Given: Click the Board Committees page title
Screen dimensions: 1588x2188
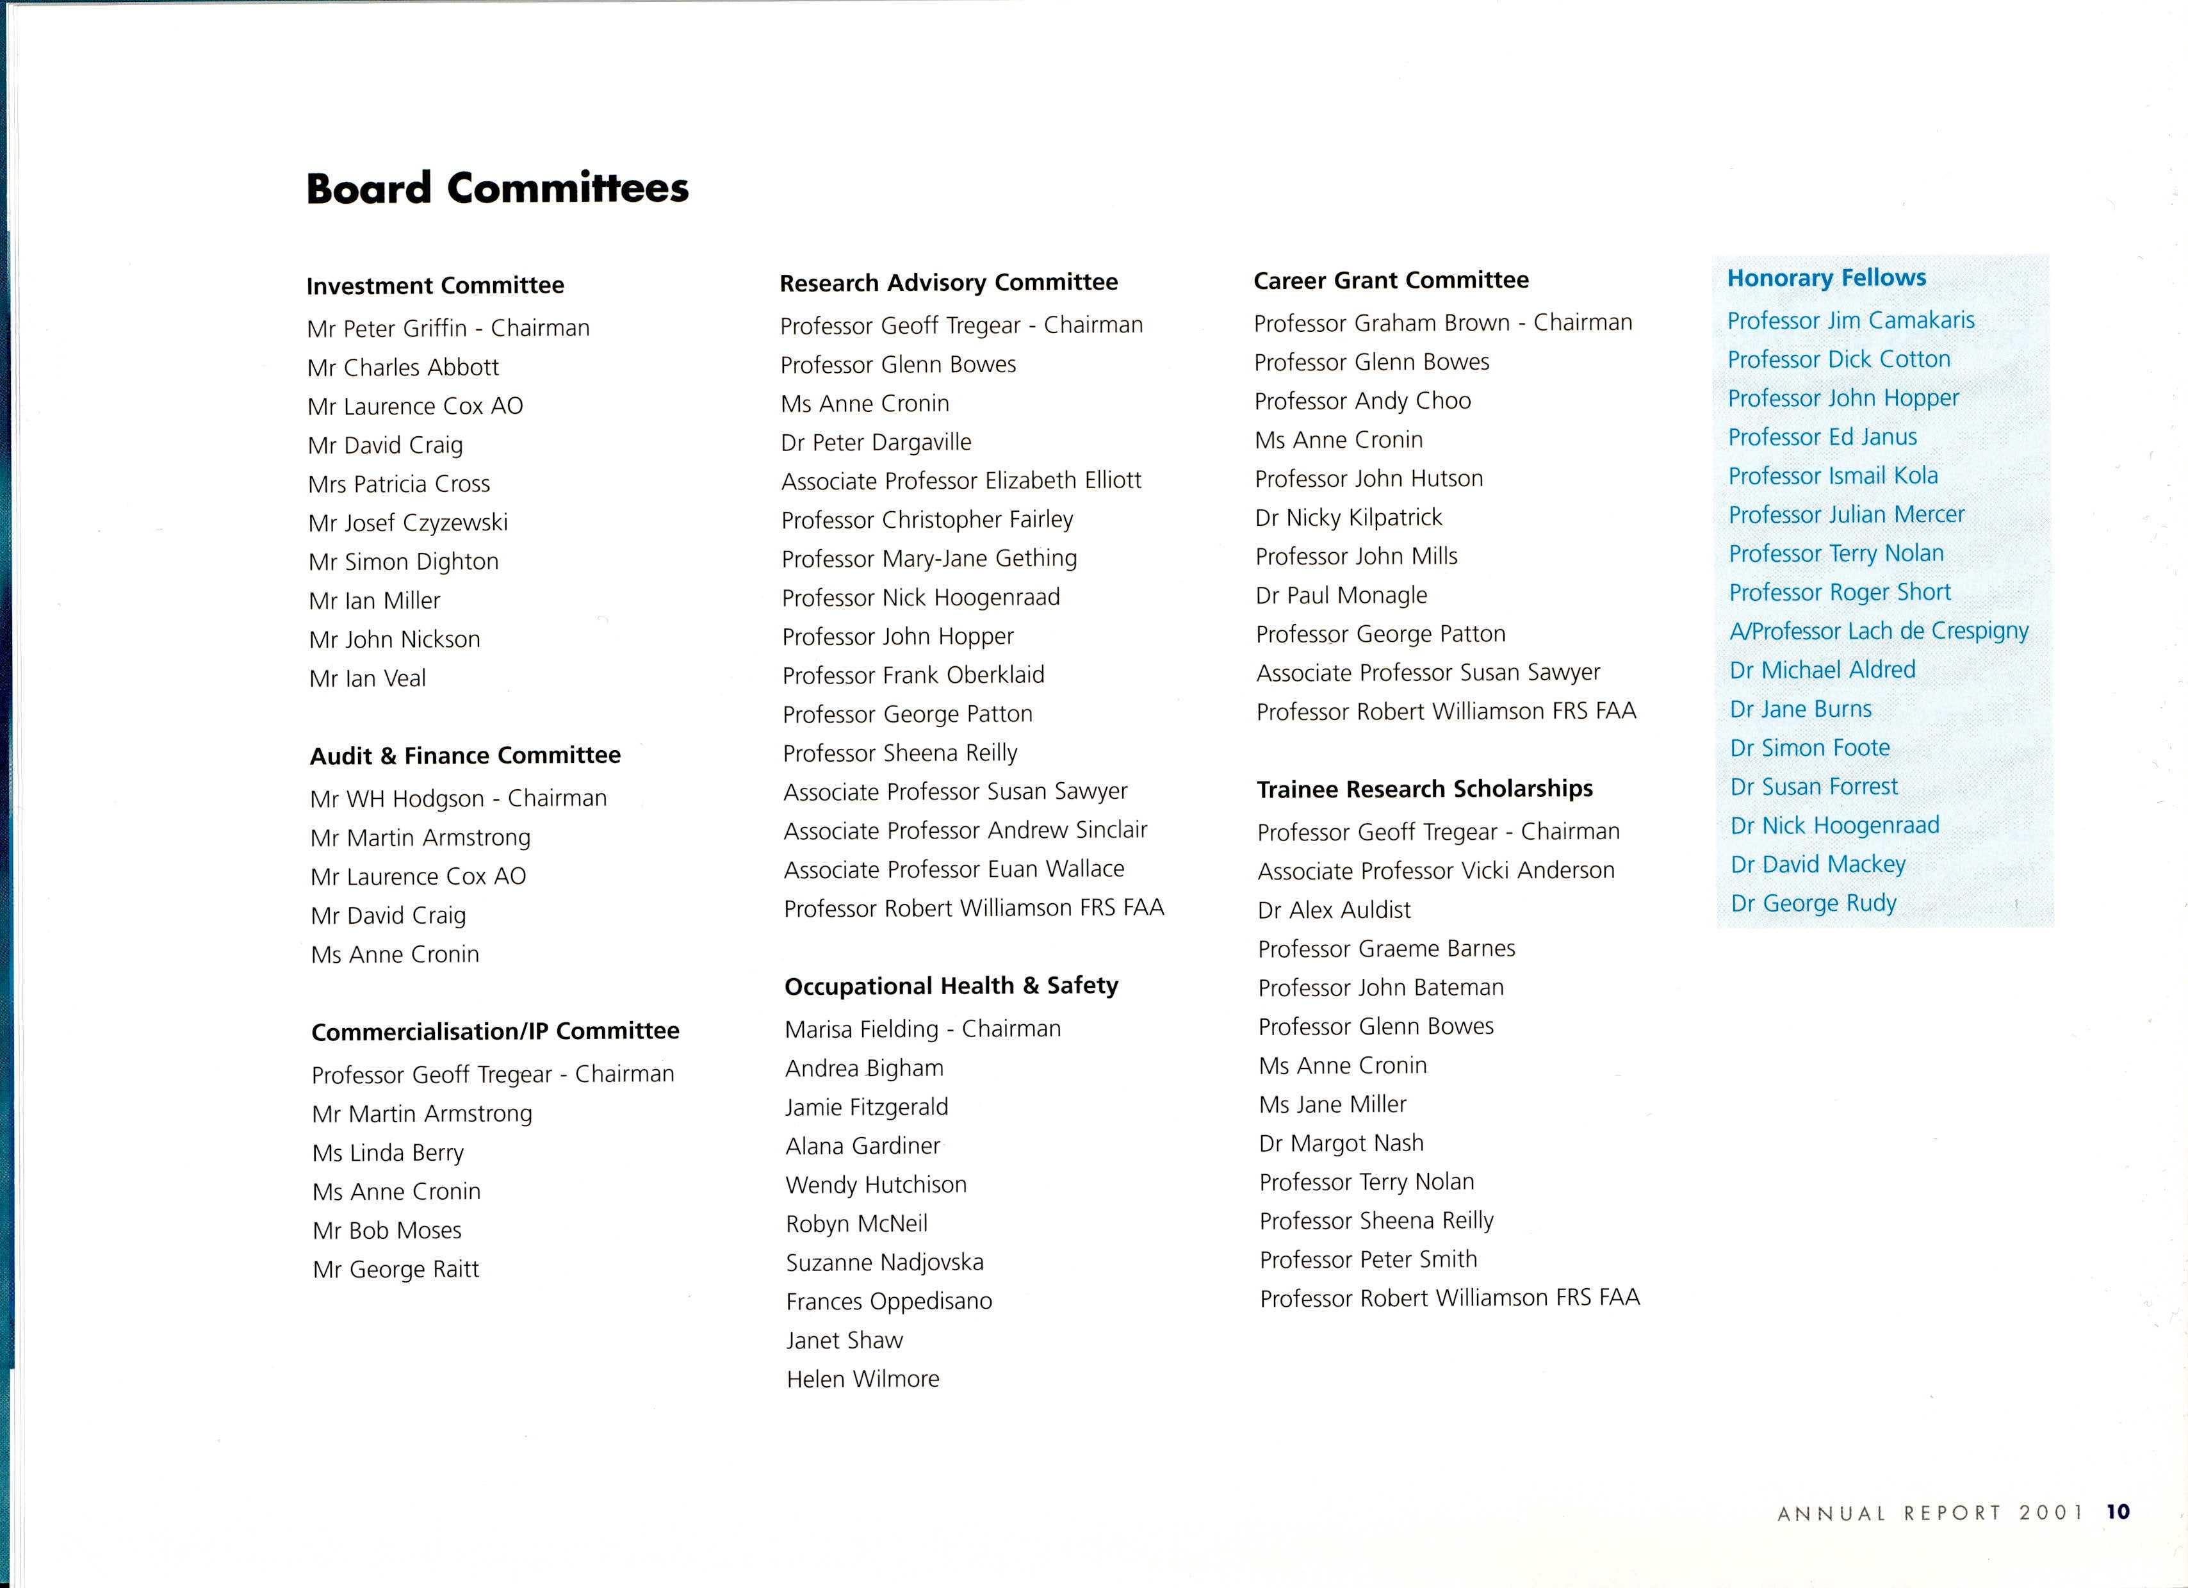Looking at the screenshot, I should click(497, 188).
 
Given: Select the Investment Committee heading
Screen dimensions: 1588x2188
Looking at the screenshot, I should click(435, 286).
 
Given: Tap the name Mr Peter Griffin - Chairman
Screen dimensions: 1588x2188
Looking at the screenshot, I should click(448, 328).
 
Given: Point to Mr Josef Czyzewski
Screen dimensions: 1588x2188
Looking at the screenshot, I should click(407, 523).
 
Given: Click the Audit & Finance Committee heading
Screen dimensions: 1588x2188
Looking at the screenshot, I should click(465, 755).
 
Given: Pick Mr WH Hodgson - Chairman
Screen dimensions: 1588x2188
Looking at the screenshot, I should click(458, 799).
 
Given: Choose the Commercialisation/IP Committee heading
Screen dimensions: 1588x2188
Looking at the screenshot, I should click(495, 1031).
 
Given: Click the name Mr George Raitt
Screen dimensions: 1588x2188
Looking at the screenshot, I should click(396, 1270).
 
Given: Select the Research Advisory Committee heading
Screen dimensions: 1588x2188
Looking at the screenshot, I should click(949, 282).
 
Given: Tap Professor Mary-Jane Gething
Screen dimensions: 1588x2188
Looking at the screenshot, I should click(929, 559).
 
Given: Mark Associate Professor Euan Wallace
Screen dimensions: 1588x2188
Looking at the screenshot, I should click(954, 869).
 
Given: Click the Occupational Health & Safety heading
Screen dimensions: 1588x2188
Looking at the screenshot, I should click(951, 986).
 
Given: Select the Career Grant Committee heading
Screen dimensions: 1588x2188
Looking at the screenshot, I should click(1391, 281).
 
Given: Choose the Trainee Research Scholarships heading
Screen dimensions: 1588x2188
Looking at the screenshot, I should click(1425, 789).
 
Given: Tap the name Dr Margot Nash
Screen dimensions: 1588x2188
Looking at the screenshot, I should click(1341, 1143).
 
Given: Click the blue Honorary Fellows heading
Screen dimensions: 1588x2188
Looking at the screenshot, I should click(1826, 278).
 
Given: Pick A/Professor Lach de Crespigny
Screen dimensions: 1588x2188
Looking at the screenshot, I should click(1879, 631).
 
